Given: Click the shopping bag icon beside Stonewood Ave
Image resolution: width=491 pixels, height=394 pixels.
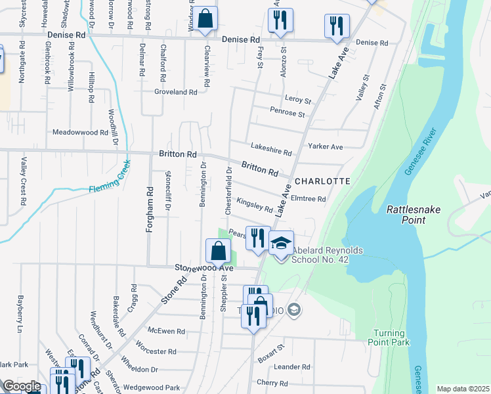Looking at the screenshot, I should [x=218, y=250].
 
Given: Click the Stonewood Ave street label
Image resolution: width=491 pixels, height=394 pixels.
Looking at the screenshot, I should [x=204, y=268].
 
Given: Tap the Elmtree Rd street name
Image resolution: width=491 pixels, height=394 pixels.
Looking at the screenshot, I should [x=308, y=199].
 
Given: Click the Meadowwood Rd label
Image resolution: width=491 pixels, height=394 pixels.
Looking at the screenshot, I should [x=79, y=132].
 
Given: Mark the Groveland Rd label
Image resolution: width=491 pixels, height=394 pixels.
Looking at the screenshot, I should [x=176, y=93].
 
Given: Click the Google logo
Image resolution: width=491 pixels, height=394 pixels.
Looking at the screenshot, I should [x=22, y=386].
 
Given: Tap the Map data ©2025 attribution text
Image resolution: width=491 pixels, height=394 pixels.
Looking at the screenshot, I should [x=463, y=389].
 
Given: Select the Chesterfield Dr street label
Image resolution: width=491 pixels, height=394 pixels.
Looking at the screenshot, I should [x=229, y=191].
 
